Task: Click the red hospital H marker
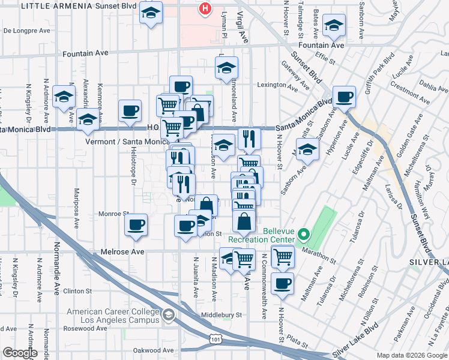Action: coord(205,9)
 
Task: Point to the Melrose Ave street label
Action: coord(123,252)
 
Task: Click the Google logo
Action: coord(20,353)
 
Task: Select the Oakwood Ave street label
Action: coord(154,350)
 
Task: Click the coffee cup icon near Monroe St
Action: coord(136,224)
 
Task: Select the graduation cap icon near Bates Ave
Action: coord(334,26)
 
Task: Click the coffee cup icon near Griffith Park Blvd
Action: coord(345,97)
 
